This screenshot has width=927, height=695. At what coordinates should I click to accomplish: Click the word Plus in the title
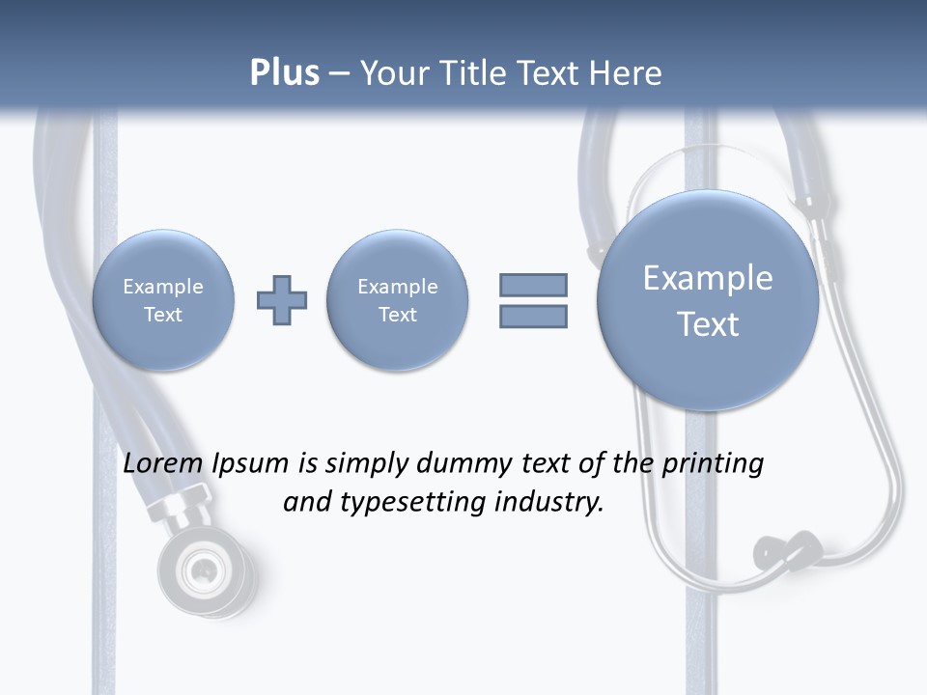pos(284,73)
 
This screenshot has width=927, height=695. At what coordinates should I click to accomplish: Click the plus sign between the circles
pos(282,300)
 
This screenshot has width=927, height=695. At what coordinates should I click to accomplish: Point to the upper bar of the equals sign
pos(533,285)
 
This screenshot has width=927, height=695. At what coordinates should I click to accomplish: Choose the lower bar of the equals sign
pos(533,316)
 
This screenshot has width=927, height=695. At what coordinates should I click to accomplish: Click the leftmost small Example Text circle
pos(163,300)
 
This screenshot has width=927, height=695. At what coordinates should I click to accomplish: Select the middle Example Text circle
pos(398,300)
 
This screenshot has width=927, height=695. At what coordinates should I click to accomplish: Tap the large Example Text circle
pos(708,300)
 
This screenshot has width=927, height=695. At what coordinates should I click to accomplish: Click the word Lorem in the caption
pos(165,463)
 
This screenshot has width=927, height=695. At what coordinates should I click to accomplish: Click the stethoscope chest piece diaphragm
pos(204,570)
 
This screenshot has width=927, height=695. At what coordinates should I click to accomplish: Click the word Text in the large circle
pos(708,324)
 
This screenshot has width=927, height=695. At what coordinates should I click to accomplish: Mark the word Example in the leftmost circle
pos(163,287)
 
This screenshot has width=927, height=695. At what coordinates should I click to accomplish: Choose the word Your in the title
pos(393,73)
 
